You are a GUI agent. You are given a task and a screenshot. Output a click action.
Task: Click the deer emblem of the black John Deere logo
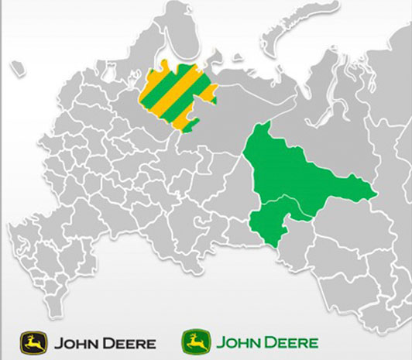(x=33, y=341)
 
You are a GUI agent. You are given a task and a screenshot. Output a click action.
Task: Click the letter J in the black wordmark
(x=56, y=342)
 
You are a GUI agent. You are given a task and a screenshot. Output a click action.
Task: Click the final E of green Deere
(x=313, y=342)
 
